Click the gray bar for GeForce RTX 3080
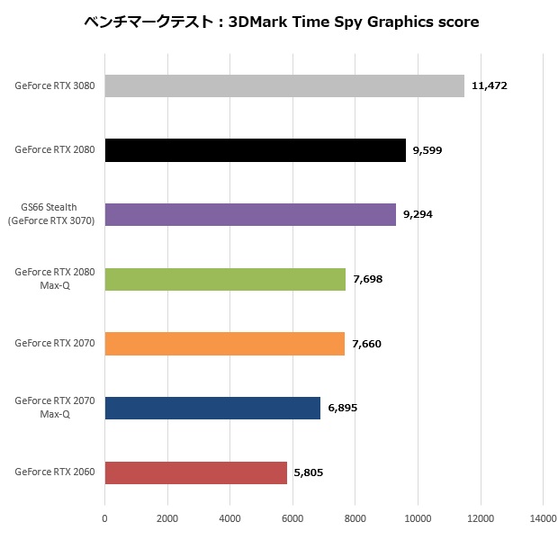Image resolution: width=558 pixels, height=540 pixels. (284, 85)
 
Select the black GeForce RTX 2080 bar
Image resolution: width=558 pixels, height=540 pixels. (255, 149)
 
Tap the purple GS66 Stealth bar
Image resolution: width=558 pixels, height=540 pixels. (250, 214)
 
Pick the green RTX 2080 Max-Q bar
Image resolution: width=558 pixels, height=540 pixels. (225, 279)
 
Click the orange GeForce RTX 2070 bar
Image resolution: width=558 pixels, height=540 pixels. (224, 344)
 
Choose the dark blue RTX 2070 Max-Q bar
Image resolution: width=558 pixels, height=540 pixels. (212, 408)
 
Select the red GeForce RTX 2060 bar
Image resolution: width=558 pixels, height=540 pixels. (195, 472)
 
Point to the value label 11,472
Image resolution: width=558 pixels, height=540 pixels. (490, 86)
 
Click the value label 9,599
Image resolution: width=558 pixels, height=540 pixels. (427, 150)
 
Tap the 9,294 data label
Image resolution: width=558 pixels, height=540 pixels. (418, 215)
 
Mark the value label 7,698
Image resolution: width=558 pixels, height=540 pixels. (368, 280)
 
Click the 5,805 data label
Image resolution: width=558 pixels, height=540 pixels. (309, 473)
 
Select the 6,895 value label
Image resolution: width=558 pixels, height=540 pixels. (342, 409)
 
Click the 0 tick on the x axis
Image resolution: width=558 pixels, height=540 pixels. (104, 518)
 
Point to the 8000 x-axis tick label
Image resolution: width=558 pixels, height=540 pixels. (355, 518)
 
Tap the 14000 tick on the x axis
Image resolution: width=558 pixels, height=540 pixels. (542, 518)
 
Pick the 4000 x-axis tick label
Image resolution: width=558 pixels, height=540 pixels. (229, 518)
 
